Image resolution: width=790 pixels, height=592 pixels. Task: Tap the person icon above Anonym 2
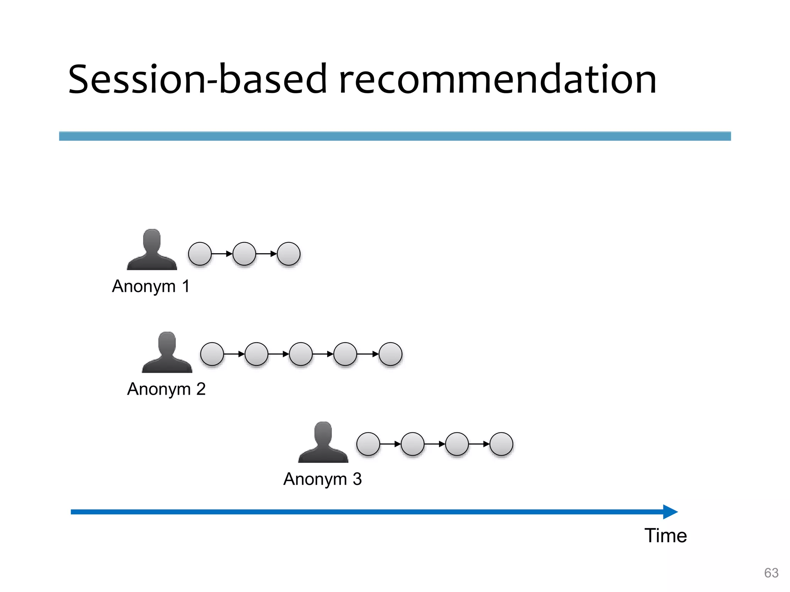tap(167, 353)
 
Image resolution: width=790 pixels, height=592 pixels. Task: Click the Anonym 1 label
tap(151, 286)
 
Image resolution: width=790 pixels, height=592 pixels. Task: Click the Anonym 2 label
tap(166, 389)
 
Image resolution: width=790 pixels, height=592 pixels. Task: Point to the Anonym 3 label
tap(322, 479)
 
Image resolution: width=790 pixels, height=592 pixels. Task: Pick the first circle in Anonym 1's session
tap(200, 254)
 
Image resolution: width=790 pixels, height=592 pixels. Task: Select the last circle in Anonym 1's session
tap(289, 254)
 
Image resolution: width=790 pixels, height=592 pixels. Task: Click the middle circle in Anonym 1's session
tap(244, 254)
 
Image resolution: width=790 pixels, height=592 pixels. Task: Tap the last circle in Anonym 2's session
tap(390, 354)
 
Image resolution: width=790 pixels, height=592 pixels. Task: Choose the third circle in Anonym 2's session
tap(300, 354)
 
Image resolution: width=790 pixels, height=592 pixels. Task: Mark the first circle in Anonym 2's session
tap(212, 354)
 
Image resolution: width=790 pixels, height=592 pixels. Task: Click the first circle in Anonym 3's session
tap(368, 444)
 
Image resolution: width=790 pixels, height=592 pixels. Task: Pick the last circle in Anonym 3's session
tap(501, 444)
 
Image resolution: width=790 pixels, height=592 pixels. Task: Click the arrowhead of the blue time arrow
tap(670, 512)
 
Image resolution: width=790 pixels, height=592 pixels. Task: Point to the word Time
tap(665, 536)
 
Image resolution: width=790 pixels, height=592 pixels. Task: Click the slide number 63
tap(771, 573)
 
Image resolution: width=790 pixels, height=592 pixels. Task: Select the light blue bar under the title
tap(395, 136)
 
